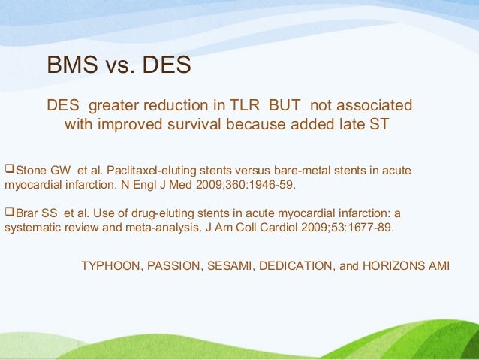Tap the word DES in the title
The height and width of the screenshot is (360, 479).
coord(164,65)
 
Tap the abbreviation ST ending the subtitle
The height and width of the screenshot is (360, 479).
coord(378,124)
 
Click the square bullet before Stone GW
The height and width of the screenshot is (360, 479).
coord(10,169)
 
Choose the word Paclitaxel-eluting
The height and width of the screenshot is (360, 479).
coord(146,170)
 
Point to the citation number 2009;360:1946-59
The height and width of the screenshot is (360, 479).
coord(248,183)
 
